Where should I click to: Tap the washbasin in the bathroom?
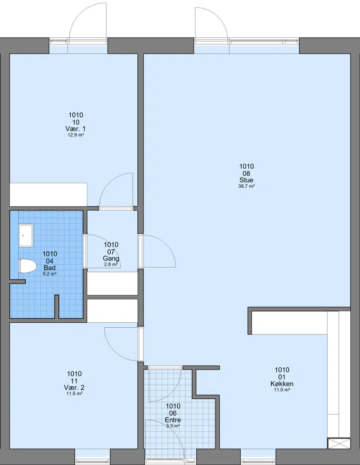click(26, 235)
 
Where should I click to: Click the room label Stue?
click(247, 180)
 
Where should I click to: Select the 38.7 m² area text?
click(247, 186)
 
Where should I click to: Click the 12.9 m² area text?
click(76, 135)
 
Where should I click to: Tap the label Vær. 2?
click(74, 387)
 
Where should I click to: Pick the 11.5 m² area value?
click(74, 393)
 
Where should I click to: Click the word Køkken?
click(282, 384)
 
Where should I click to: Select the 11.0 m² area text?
click(282, 390)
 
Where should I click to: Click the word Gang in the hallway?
click(111, 258)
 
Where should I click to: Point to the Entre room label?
click(173, 420)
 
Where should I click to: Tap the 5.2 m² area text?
click(49, 274)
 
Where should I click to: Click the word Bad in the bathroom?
click(49, 267)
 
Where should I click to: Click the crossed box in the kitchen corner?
click(339, 443)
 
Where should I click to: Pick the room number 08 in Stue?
click(247, 173)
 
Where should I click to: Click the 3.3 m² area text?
click(173, 426)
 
